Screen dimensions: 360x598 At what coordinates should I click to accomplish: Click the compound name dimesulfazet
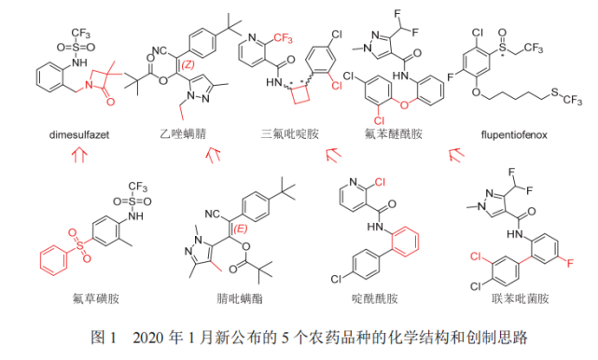click(82, 135)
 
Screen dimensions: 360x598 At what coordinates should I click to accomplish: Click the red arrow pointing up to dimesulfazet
click(79, 158)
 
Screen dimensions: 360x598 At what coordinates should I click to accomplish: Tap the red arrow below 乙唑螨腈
click(214, 155)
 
